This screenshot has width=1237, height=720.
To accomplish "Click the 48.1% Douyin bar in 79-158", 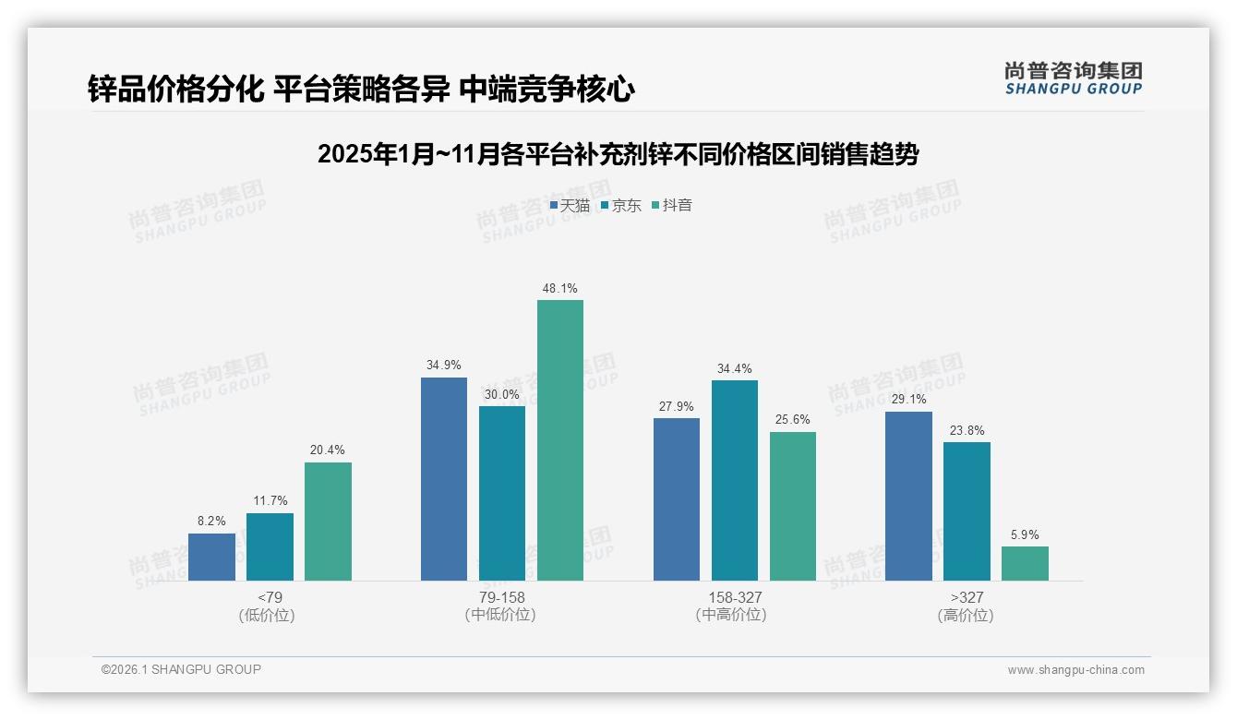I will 560,440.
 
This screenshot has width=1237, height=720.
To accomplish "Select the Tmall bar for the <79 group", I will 211,557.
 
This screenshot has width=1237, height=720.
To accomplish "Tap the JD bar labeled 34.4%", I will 735,480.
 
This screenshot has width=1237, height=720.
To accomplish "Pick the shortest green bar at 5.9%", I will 1025,563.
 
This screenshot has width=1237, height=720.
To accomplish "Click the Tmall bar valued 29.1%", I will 908,496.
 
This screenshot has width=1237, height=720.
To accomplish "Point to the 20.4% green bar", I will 328,522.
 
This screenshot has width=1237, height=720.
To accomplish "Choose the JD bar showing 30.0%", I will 502,493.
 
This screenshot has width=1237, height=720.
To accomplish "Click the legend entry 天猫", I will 570,205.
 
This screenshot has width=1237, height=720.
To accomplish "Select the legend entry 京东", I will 621,205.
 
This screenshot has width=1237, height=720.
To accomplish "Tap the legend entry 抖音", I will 672,205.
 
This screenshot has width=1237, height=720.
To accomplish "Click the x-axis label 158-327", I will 735,597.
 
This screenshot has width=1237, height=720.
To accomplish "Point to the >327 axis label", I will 967,597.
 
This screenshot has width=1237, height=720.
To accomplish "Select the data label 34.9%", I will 443,365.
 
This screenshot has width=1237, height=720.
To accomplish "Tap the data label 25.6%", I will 793,419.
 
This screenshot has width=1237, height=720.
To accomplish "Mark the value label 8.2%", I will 211,521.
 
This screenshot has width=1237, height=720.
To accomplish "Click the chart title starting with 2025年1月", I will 618,154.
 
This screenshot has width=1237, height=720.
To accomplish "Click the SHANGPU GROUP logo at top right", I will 1073,78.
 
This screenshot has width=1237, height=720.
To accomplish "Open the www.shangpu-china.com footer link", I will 1075,669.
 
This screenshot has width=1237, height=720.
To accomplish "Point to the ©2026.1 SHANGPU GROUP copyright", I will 181,669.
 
